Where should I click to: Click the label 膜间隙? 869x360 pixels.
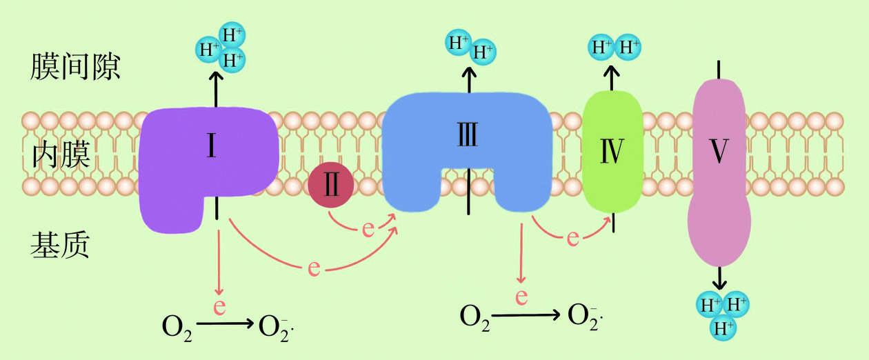[x=76, y=67]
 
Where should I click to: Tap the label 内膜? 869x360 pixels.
[x=61, y=156]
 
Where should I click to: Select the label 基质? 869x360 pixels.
[x=60, y=244]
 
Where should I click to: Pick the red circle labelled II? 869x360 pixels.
[x=331, y=186]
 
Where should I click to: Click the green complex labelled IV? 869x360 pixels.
[x=612, y=152]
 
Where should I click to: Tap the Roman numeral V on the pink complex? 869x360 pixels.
[x=719, y=152]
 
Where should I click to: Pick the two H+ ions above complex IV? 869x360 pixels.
[x=614, y=48]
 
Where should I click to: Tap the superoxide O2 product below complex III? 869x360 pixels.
[x=585, y=316]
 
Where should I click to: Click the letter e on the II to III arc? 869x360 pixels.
[x=368, y=228]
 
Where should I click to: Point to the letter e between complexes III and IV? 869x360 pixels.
[x=572, y=238]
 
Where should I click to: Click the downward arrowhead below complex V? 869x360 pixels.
[x=719, y=283]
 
